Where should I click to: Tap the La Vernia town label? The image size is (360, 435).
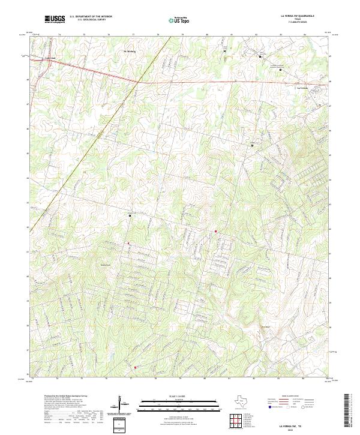303,88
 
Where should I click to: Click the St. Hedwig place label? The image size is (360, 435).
129,52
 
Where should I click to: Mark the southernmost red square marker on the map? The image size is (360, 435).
136,367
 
